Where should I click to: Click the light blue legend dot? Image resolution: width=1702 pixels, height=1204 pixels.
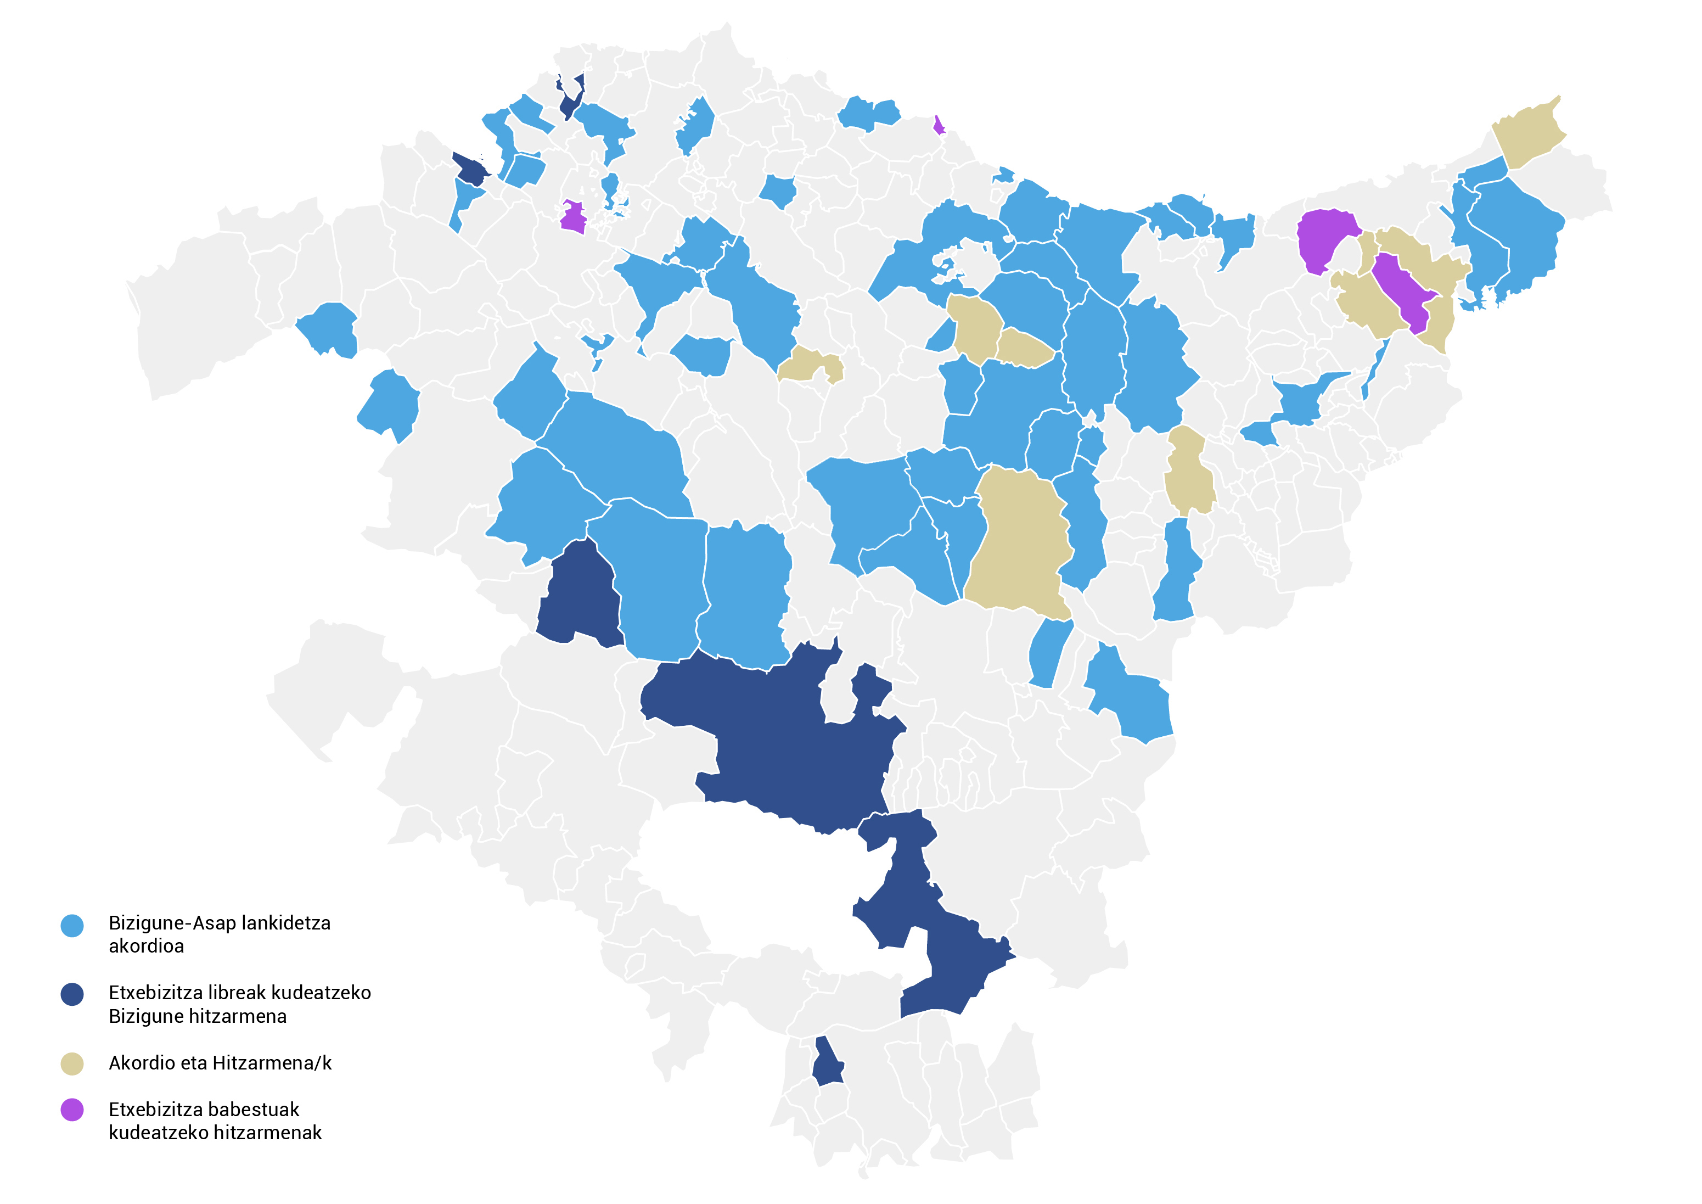[x=72, y=925]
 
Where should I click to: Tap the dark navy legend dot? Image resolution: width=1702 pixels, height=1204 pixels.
[x=72, y=994]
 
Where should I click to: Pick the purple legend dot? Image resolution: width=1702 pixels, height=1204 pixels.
[x=72, y=1110]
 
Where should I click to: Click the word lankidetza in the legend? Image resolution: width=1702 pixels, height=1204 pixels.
[x=286, y=923]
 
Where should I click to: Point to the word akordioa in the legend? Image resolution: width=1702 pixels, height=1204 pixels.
[x=146, y=946]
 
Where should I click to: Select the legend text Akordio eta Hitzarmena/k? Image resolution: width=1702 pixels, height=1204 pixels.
[x=220, y=1063]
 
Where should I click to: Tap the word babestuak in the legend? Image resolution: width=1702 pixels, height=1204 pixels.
[x=254, y=1110]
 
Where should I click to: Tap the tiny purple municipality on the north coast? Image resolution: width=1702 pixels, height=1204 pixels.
[x=939, y=125]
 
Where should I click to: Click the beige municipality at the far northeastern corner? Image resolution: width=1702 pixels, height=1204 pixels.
[x=1529, y=133]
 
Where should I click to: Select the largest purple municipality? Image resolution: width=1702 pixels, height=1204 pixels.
[x=1325, y=237]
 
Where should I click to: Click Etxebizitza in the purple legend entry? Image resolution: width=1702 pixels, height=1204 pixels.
[x=155, y=1110]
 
